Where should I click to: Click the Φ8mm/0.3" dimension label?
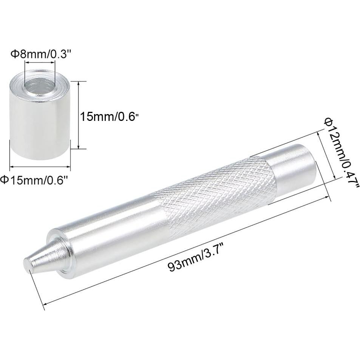[40, 54]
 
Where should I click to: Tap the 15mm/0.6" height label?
[107, 116]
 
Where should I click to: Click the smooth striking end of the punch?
[291, 162]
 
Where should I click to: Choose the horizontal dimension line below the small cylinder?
[40, 166]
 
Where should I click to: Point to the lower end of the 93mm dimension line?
[45, 303]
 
